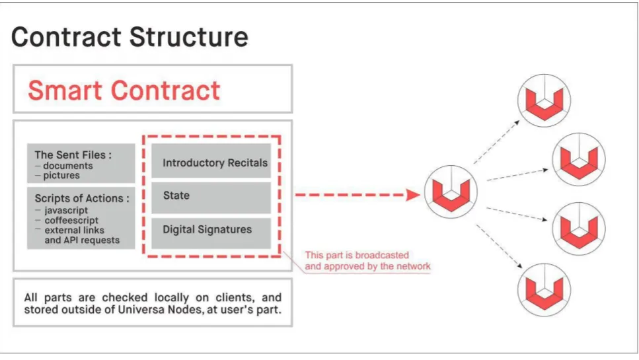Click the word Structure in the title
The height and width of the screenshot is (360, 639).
(x=189, y=36)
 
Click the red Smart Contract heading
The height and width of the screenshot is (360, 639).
(x=124, y=90)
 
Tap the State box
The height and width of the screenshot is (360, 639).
(x=211, y=198)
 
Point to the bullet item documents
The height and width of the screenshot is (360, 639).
(x=67, y=166)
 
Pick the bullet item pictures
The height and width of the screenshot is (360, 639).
(x=61, y=176)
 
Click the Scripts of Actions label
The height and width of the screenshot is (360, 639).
(x=79, y=198)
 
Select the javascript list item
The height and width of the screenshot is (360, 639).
(x=66, y=211)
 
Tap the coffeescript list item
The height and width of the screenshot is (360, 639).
(x=71, y=221)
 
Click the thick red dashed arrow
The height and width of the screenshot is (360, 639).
(x=357, y=195)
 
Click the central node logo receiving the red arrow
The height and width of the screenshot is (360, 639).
(x=451, y=192)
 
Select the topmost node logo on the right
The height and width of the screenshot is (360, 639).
(x=544, y=100)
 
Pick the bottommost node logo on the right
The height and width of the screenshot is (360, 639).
(x=544, y=289)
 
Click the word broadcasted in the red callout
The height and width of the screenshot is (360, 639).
(x=382, y=256)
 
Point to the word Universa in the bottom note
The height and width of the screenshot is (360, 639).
(x=137, y=310)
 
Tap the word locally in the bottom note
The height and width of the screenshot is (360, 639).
(x=172, y=297)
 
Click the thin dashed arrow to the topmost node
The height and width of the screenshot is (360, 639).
(x=497, y=142)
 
